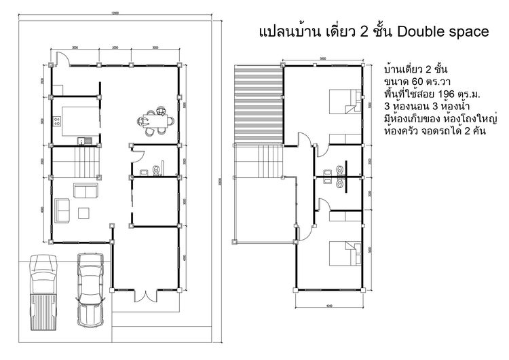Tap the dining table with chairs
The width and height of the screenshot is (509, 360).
[159, 122]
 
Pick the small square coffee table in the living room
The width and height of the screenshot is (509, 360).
[85, 213]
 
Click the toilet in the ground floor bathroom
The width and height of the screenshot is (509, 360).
[157, 168]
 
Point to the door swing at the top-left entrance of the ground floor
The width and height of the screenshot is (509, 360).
[59, 59]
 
